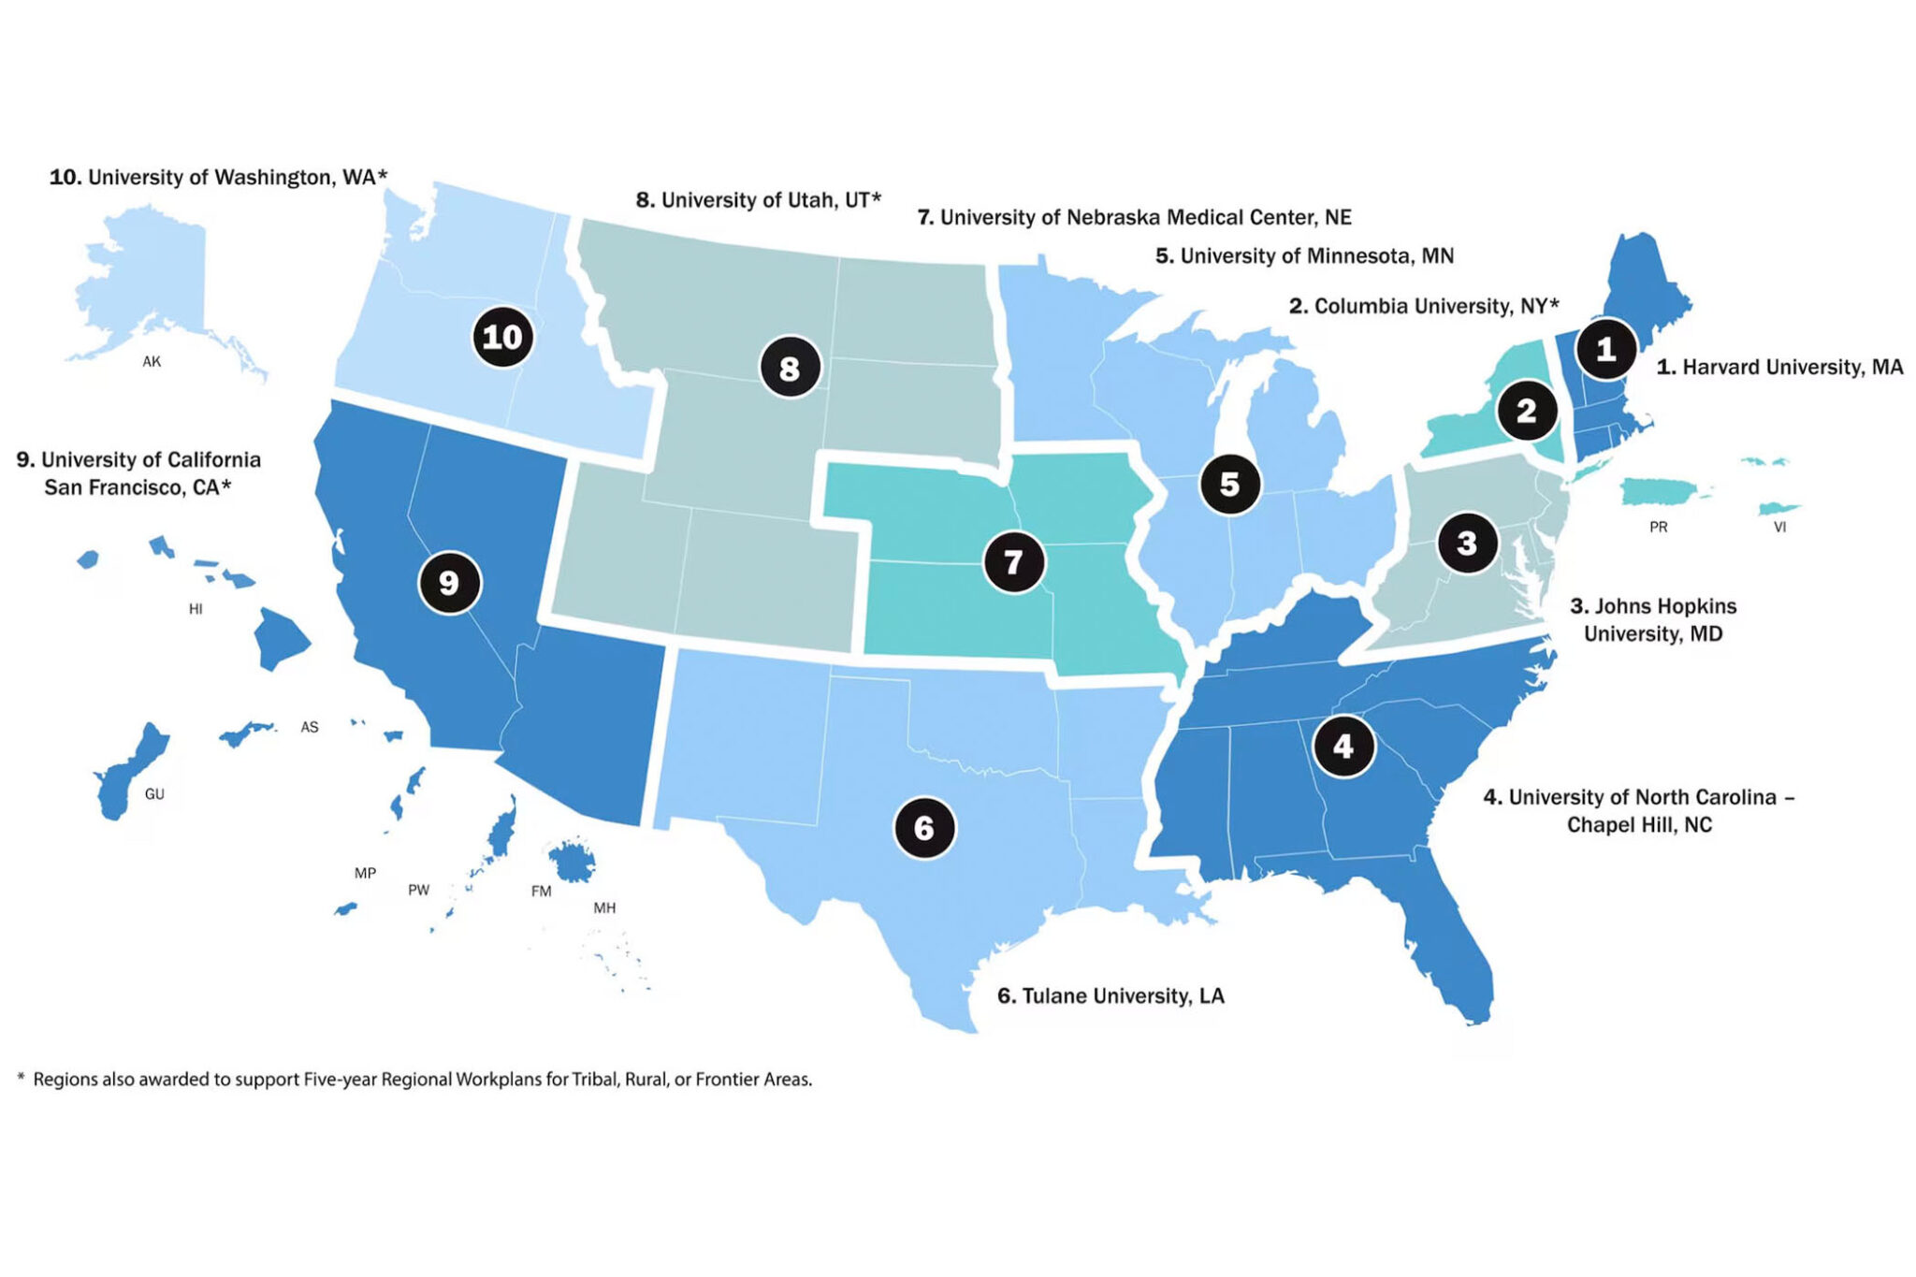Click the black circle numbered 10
click(x=502, y=337)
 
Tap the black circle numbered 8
click(x=790, y=368)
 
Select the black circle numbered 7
click(x=1013, y=562)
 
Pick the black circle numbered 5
click(x=1229, y=484)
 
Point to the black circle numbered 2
click(x=1526, y=411)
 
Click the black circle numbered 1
click(x=1605, y=349)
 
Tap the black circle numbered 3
click(x=1466, y=543)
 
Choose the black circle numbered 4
click(x=1343, y=747)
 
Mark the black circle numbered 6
click(x=924, y=828)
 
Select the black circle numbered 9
click(x=449, y=583)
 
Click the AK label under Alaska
click(x=152, y=362)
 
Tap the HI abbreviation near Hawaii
click(x=196, y=609)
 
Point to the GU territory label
click(x=154, y=794)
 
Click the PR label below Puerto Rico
click(x=1658, y=528)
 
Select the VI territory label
click(x=1779, y=528)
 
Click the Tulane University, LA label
click(x=1110, y=995)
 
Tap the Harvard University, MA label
click(x=1779, y=367)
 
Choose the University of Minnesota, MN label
click(x=1304, y=255)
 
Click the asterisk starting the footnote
click(x=21, y=1079)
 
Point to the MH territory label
click(x=604, y=907)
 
